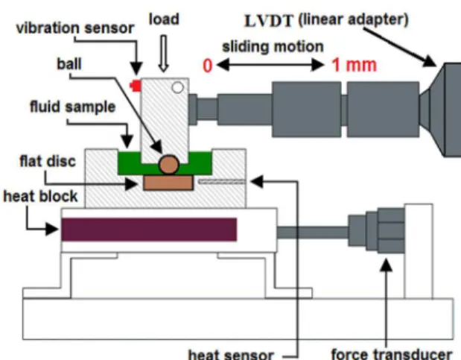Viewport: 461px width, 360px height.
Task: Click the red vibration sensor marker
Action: [136, 86]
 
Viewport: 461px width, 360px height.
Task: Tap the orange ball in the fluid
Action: [169, 165]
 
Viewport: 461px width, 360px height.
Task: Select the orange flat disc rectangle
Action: [168, 183]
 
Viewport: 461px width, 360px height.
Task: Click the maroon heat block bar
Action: [149, 230]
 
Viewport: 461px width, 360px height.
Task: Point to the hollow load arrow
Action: [163, 54]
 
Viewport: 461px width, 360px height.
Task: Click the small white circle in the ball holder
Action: [177, 87]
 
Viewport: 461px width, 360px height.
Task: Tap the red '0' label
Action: [207, 66]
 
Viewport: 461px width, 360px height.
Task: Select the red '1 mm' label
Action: [354, 65]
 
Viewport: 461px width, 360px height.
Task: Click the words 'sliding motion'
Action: [273, 47]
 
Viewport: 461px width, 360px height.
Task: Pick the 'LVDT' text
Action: [269, 21]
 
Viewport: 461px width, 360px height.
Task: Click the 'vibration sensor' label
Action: [75, 28]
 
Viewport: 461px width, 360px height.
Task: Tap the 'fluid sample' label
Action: [73, 107]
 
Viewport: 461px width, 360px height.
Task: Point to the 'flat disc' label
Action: [48, 161]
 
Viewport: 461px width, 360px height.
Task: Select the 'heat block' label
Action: [40, 196]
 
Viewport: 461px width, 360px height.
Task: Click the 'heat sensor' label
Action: [231, 354]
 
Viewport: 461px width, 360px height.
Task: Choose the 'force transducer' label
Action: [392, 354]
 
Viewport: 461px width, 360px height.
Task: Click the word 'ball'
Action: [69, 64]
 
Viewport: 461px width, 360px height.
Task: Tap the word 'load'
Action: [164, 19]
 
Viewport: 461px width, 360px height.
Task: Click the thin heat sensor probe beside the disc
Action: [222, 181]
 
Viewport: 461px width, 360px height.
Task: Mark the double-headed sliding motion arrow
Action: [270, 65]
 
